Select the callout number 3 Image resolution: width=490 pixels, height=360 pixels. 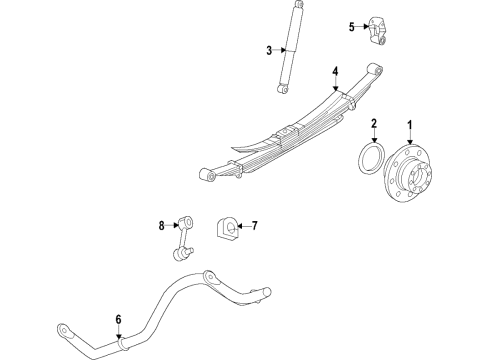coord(269,51)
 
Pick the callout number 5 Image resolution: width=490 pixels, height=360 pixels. coord(351,26)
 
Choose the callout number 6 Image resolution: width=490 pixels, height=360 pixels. coord(118,319)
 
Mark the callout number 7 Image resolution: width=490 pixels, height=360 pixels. coord(254,226)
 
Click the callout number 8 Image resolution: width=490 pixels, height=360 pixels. coord(160,226)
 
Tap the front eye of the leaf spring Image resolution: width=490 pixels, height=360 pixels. coord(210,176)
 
